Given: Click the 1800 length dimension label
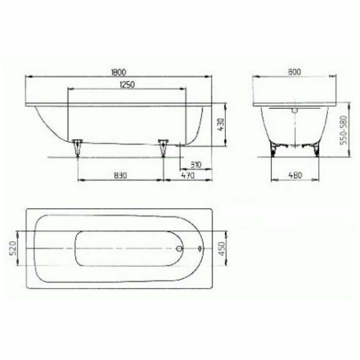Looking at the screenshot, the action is pyautogui.click(x=118, y=72).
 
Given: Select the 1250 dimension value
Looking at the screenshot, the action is pyautogui.click(x=127, y=85).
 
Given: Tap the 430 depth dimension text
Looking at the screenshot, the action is pyautogui.click(x=221, y=124).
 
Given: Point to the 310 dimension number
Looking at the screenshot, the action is pyautogui.click(x=196, y=165).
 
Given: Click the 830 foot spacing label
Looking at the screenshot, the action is pyautogui.click(x=120, y=176).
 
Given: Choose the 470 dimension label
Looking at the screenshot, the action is pyautogui.click(x=188, y=176).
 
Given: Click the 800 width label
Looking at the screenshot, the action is pyautogui.click(x=294, y=72).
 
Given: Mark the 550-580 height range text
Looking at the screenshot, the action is pyautogui.click(x=344, y=130).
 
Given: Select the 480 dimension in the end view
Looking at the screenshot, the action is pyautogui.click(x=295, y=175).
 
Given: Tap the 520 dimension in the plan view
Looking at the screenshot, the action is pyautogui.click(x=13, y=248).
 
